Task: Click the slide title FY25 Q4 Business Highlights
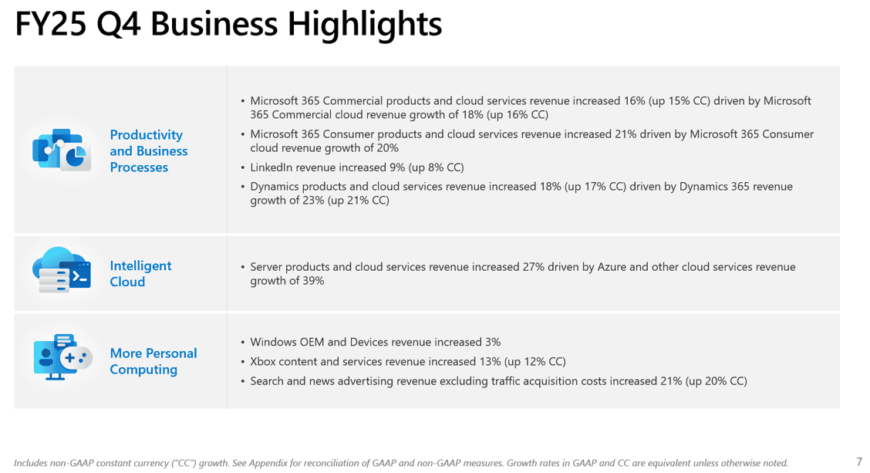[x=228, y=25]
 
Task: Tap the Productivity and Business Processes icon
[x=62, y=150]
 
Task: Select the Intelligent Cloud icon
[x=62, y=270]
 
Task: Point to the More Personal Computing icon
[x=62, y=357]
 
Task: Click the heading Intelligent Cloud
[x=140, y=274]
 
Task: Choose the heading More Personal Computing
[x=153, y=361]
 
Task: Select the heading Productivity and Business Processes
[x=149, y=151]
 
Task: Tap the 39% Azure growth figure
[x=313, y=281]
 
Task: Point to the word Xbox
[x=263, y=361]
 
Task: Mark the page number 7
[x=859, y=462]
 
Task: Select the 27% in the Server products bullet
[x=533, y=267]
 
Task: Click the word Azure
[x=612, y=267]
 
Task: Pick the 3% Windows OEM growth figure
[x=493, y=342]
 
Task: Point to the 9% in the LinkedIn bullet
[x=397, y=167]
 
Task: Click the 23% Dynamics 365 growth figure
[x=313, y=201]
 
